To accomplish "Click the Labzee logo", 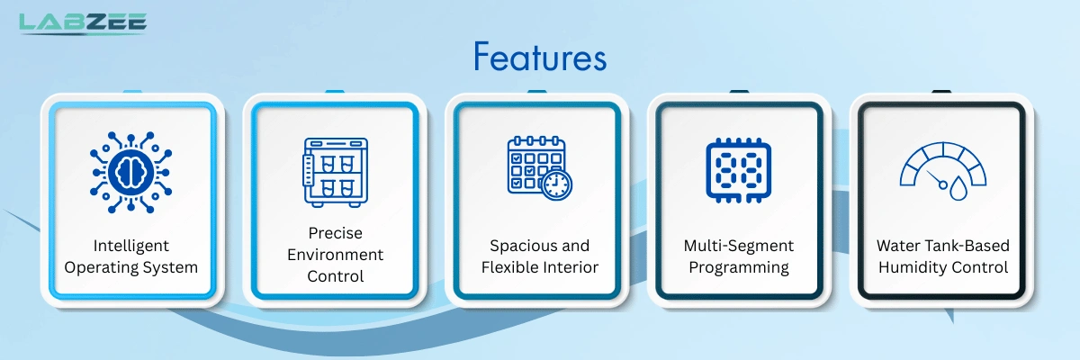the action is (x=83, y=23).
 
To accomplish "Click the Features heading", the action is (x=540, y=57).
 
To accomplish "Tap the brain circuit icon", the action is (x=130, y=172).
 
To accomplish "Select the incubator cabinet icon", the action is (x=335, y=173).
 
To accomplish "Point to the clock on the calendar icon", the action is (x=557, y=184).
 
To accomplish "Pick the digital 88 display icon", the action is (x=739, y=170).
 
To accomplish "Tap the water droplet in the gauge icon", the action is (x=958, y=188).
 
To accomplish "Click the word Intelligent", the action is (x=131, y=246).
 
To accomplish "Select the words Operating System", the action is (x=131, y=267).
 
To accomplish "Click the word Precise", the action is (x=335, y=233).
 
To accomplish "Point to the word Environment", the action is (x=335, y=255).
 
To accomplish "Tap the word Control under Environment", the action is (x=335, y=276).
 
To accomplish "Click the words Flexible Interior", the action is (x=539, y=267).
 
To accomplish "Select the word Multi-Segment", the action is (x=739, y=246).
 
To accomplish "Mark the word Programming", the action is (x=739, y=267).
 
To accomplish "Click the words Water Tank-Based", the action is (x=943, y=246).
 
